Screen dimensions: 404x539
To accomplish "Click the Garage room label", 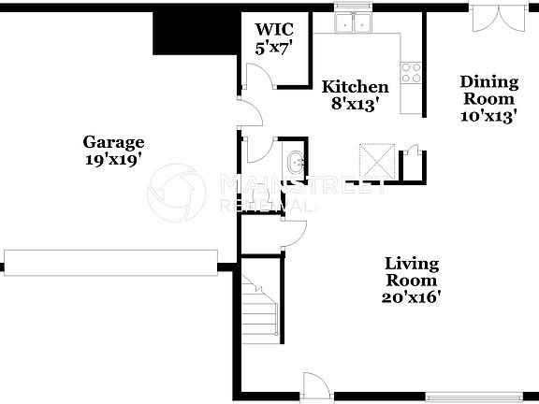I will click(x=113, y=142).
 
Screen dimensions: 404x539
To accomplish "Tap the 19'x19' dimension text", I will click(x=113, y=159).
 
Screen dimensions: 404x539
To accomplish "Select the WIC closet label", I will click(x=274, y=29).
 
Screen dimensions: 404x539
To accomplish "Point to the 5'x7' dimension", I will click(x=274, y=47).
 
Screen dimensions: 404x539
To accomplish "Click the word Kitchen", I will click(x=355, y=87).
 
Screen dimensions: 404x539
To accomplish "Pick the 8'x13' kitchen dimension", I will click(x=355, y=105).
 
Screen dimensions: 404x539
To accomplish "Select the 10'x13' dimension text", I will click(x=488, y=116).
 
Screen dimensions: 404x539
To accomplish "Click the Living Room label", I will click(x=412, y=271).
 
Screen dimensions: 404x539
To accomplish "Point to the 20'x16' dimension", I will click(x=412, y=297).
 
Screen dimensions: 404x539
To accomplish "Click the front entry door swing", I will click(x=314, y=383).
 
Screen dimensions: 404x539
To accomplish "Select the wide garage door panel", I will click(x=110, y=261).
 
